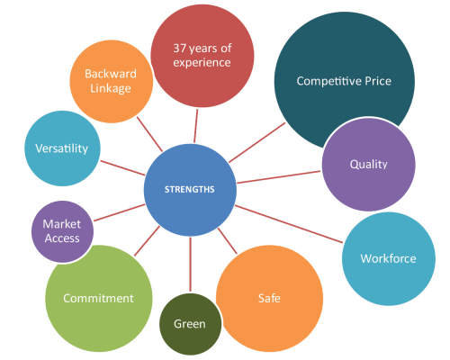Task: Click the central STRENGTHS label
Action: click(190, 189)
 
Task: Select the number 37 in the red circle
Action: click(180, 48)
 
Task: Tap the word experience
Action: click(202, 63)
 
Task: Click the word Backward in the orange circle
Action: click(111, 74)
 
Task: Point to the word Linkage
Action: click(111, 88)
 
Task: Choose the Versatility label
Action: click(62, 148)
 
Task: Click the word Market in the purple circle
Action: click(62, 224)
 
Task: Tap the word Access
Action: click(62, 238)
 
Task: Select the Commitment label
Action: click(98, 298)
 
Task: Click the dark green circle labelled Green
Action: click(190, 324)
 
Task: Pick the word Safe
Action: click(269, 298)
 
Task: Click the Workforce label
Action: click(389, 258)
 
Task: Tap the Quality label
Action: click(369, 165)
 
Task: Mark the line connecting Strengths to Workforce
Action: click(289, 224)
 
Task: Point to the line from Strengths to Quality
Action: click(279, 177)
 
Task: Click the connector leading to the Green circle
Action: click(190, 265)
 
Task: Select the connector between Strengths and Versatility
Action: click(122, 167)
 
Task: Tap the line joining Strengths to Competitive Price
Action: click(257, 142)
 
